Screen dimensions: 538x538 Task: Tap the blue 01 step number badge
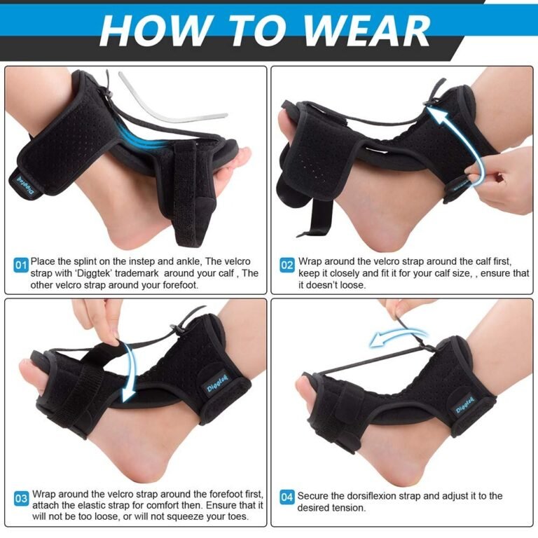tap(21, 265)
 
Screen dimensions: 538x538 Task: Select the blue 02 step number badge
tap(287, 265)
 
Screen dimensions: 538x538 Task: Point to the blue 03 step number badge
tap(21, 498)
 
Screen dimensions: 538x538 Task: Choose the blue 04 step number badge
tap(287, 497)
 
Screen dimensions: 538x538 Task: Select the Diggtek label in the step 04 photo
tap(465, 405)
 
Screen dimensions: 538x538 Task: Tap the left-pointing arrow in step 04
tap(398, 336)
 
